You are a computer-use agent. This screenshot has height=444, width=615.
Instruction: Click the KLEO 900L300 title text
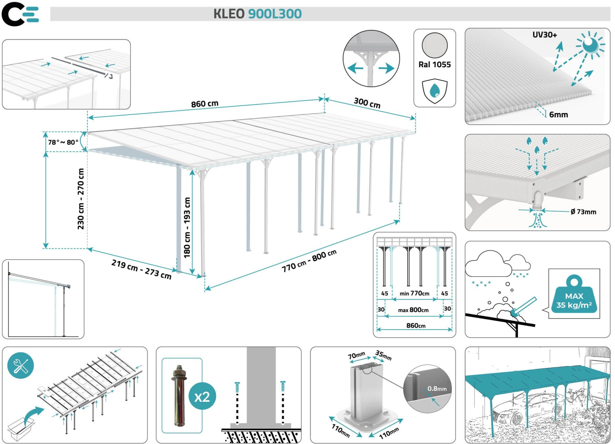click(257, 14)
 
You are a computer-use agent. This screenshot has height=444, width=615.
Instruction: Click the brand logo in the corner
click(20, 14)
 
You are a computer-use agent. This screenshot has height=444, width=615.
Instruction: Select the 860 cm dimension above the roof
click(205, 104)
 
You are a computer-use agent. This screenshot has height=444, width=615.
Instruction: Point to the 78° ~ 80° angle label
click(63, 142)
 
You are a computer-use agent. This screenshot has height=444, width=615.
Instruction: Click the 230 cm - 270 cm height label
click(81, 199)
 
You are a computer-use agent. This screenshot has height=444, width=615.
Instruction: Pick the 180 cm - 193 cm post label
click(187, 228)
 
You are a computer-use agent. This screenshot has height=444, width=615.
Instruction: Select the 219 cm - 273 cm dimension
click(141, 269)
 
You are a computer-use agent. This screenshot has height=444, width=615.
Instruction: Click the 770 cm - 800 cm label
click(309, 261)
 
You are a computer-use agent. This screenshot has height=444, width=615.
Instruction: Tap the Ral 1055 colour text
click(435, 64)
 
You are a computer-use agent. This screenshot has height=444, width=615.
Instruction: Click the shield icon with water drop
click(435, 91)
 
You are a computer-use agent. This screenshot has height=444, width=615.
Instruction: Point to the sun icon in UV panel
click(590, 45)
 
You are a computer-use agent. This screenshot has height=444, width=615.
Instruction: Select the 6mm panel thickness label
click(558, 115)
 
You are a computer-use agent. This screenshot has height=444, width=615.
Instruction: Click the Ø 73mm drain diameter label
click(583, 212)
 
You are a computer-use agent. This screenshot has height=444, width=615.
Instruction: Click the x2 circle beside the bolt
click(202, 396)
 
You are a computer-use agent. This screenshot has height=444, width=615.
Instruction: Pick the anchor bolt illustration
click(179, 396)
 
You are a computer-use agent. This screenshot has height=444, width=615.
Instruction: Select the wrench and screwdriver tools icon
click(20, 365)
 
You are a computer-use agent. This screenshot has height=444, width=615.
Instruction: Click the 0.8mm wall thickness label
click(437, 388)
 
